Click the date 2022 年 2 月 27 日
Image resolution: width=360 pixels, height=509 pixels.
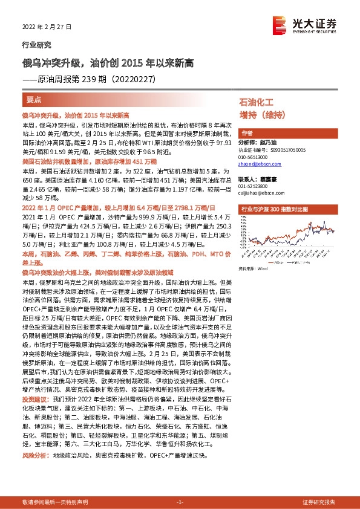(46, 28)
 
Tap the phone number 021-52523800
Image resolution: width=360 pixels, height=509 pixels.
(255, 186)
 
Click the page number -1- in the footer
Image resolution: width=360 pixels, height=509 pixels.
(179, 502)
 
